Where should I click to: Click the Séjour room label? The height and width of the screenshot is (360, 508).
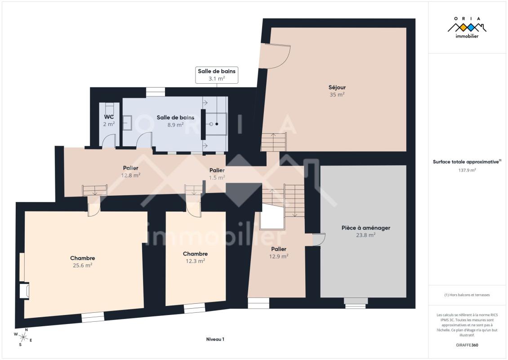click(337, 87)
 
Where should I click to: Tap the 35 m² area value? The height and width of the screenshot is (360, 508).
click(337, 94)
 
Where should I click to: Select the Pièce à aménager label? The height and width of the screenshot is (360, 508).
click(366, 228)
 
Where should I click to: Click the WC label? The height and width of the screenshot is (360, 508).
click(109, 117)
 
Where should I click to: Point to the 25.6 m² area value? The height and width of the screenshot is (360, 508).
click(83, 265)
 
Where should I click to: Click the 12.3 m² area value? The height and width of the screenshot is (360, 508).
click(195, 261)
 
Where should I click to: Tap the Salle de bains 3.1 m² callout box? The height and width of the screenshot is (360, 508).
click(217, 75)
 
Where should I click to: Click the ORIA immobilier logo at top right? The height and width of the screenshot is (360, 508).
click(467, 27)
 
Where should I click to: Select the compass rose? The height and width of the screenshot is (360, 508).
click(22, 337)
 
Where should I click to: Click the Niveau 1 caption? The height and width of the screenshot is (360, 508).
click(215, 339)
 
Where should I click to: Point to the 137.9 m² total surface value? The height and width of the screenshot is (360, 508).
click(467, 170)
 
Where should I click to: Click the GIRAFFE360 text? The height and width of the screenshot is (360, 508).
click(467, 345)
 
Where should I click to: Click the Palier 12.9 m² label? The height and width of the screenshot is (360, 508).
click(279, 252)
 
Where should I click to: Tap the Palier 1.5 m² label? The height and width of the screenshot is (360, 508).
click(217, 174)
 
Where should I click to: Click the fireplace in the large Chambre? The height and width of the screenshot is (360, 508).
click(24, 291)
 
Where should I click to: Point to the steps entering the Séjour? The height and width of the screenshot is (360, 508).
click(274, 142)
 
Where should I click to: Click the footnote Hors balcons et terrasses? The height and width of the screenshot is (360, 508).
click(467, 295)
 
